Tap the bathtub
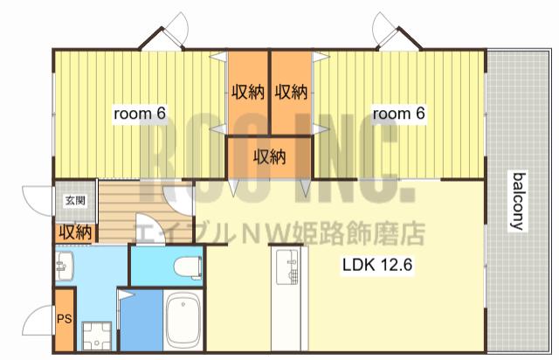pos(183,321)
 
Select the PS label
pos(65,319)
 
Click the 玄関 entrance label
pos(75,200)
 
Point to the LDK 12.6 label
pos(377,265)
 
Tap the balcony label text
pos(518,201)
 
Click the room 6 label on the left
pos(140,114)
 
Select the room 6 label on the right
pos(399,114)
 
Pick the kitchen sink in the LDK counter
pos(287,267)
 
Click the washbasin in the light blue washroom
pos(65,266)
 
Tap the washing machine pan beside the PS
pos(97,336)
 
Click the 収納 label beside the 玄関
pos(75,232)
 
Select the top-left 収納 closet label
pos(248,93)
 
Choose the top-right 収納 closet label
pos(291,93)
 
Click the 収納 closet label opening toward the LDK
pos(270,157)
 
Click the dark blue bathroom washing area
pos(141,320)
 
